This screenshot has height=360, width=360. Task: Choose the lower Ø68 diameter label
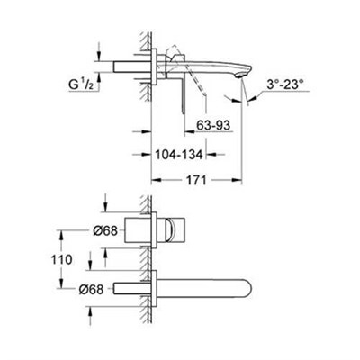click(77, 289)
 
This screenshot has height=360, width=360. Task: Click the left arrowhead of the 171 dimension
click(154, 180)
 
